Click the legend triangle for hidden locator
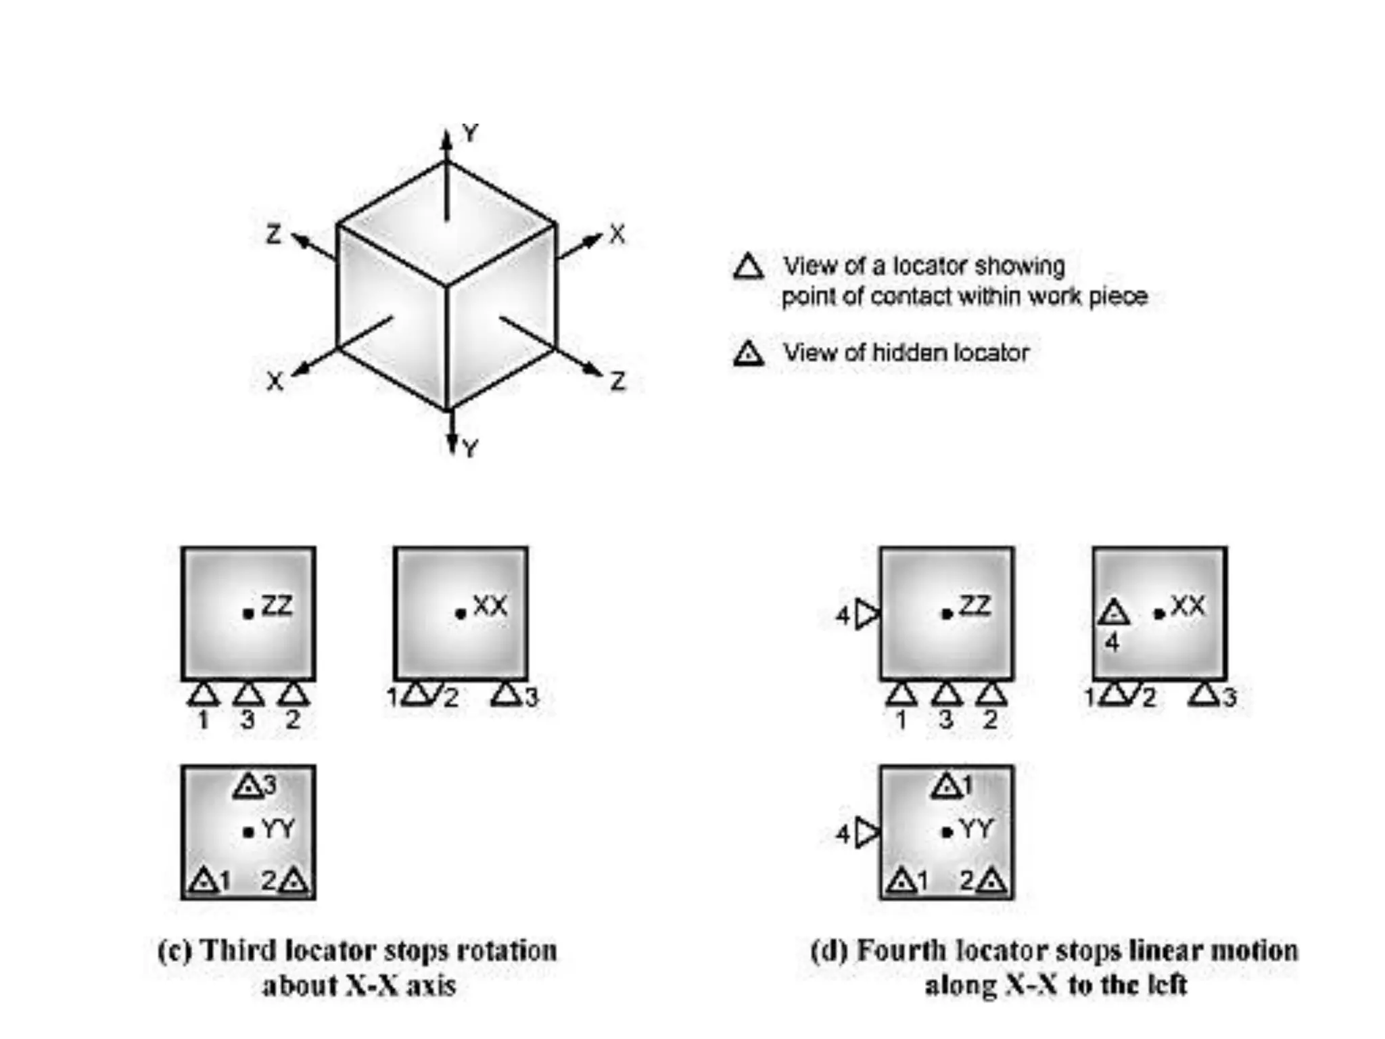tap(748, 353)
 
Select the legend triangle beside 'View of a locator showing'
tap(748, 267)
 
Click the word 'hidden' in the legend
tap(906, 352)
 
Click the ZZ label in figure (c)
tap(277, 605)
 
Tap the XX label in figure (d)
tap(1188, 605)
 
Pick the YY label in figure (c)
tap(278, 829)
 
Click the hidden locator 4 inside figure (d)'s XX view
tap(1113, 613)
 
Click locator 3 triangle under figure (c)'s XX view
tap(507, 694)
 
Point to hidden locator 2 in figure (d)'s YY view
tap(992, 880)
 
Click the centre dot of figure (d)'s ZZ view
tap(947, 614)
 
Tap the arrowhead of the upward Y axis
tap(446, 138)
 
